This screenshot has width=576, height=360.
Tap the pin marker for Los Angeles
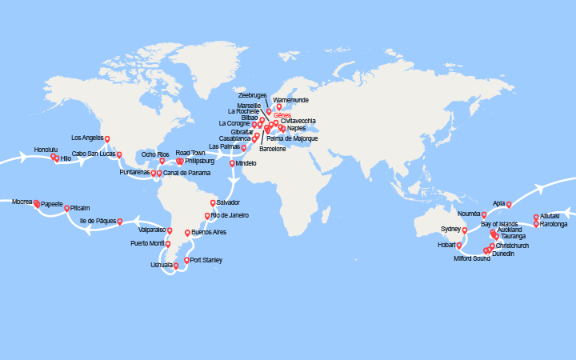[107, 139]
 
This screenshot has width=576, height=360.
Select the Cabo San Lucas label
[90, 154]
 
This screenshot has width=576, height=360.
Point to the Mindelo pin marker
[233, 163]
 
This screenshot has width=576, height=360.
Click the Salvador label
[228, 202]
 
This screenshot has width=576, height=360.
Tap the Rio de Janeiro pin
[206, 215]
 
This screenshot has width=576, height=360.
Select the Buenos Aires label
[210, 232]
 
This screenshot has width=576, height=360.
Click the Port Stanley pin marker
[186, 260]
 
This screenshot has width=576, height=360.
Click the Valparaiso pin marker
[170, 230]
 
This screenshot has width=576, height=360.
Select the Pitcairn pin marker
[66, 207]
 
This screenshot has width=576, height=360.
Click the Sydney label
[451, 230]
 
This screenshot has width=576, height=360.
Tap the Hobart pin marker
[459, 245]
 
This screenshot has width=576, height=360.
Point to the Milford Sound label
[471, 258]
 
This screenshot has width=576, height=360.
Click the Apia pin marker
[509, 204]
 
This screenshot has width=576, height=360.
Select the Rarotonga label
[554, 224]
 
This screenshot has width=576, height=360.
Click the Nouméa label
[468, 214]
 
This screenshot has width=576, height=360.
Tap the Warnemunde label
[290, 100]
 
